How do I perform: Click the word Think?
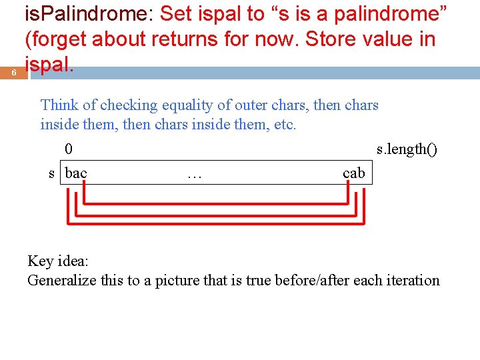(59, 105)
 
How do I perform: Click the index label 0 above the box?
(69, 149)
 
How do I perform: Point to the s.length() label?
(407, 149)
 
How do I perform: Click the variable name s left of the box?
(51, 173)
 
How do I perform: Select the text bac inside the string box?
(76, 173)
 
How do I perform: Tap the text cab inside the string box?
(353, 173)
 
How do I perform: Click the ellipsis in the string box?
(195, 175)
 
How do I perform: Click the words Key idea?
(58, 261)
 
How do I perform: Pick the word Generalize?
(62, 281)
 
